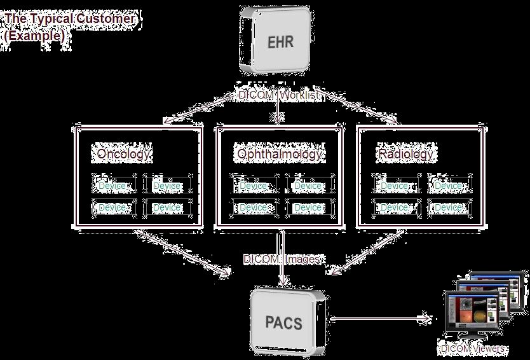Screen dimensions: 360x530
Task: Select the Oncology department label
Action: point(124,154)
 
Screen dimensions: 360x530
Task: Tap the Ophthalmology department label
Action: point(280,154)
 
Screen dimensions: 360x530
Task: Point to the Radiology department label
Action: point(405,154)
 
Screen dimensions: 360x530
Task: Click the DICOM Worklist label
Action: point(280,95)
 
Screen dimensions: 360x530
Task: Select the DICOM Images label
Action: point(283,260)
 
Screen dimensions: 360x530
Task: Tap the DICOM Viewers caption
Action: point(473,349)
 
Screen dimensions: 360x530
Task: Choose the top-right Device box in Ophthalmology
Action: point(309,186)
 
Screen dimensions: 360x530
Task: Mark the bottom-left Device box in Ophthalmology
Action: point(254,208)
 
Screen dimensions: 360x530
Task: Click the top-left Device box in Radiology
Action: point(395,186)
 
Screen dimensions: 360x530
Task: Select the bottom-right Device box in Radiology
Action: point(449,208)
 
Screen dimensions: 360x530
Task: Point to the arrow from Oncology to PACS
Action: point(184,254)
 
